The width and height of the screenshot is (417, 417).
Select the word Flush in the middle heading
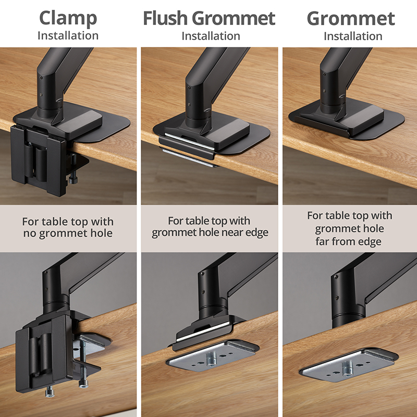pos(165,18)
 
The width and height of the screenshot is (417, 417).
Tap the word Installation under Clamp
pos(68,36)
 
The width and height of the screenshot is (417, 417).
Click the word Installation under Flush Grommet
pos(211,36)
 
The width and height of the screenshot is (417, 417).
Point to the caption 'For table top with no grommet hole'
pos(68,227)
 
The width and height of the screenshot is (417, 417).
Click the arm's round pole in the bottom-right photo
pos(348,302)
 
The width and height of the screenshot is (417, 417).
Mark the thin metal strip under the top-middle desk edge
pos(188,158)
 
